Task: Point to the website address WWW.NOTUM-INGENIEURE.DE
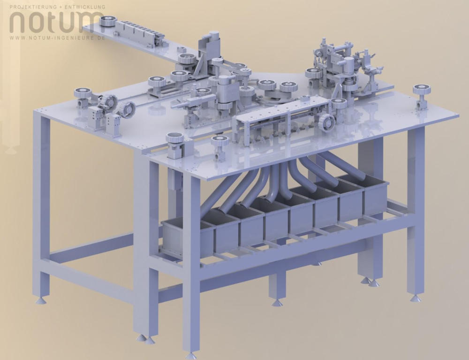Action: (57, 38)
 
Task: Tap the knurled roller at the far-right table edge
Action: (422, 89)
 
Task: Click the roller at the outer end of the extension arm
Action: (107, 21)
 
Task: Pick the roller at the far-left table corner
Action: (83, 93)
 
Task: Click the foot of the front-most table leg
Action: (191, 356)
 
